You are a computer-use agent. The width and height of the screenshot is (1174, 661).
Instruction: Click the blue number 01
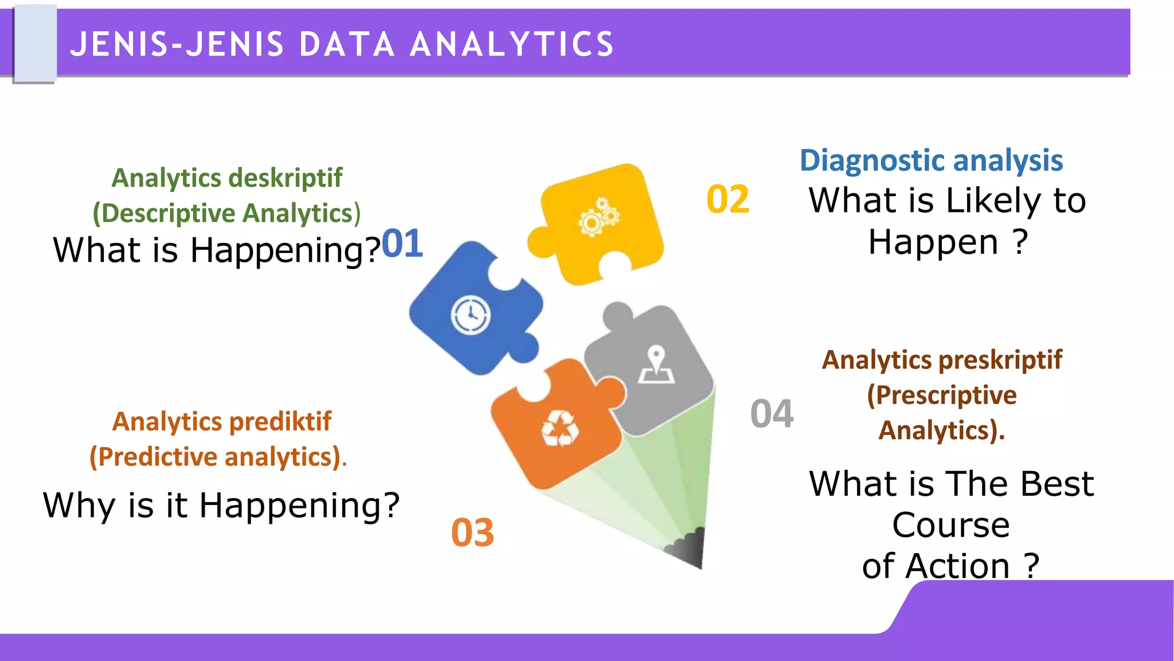click(402, 244)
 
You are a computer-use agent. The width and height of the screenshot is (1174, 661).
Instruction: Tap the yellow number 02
click(727, 200)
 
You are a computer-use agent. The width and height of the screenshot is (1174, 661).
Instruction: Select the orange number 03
click(472, 533)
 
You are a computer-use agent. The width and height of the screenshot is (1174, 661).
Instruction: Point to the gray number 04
click(772, 414)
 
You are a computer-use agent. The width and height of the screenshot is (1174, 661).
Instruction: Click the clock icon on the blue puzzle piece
click(471, 314)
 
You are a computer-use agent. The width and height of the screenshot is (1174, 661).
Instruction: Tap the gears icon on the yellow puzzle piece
click(598, 217)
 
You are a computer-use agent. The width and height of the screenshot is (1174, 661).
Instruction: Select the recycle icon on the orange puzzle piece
click(560, 429)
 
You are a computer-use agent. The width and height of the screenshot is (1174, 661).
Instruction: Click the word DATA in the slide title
click(347, 45)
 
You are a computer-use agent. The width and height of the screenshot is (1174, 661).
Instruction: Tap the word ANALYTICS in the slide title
click(512, 45)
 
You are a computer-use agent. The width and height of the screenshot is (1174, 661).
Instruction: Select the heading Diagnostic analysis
click(931, 161)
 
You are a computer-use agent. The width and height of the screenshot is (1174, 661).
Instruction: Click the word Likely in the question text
click(993, 201)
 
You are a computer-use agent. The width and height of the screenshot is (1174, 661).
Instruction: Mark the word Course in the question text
click(950, 525)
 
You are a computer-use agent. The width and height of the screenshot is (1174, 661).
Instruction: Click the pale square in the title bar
click(34, 44)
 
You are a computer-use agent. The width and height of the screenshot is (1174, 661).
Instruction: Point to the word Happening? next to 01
click(285, 251)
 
